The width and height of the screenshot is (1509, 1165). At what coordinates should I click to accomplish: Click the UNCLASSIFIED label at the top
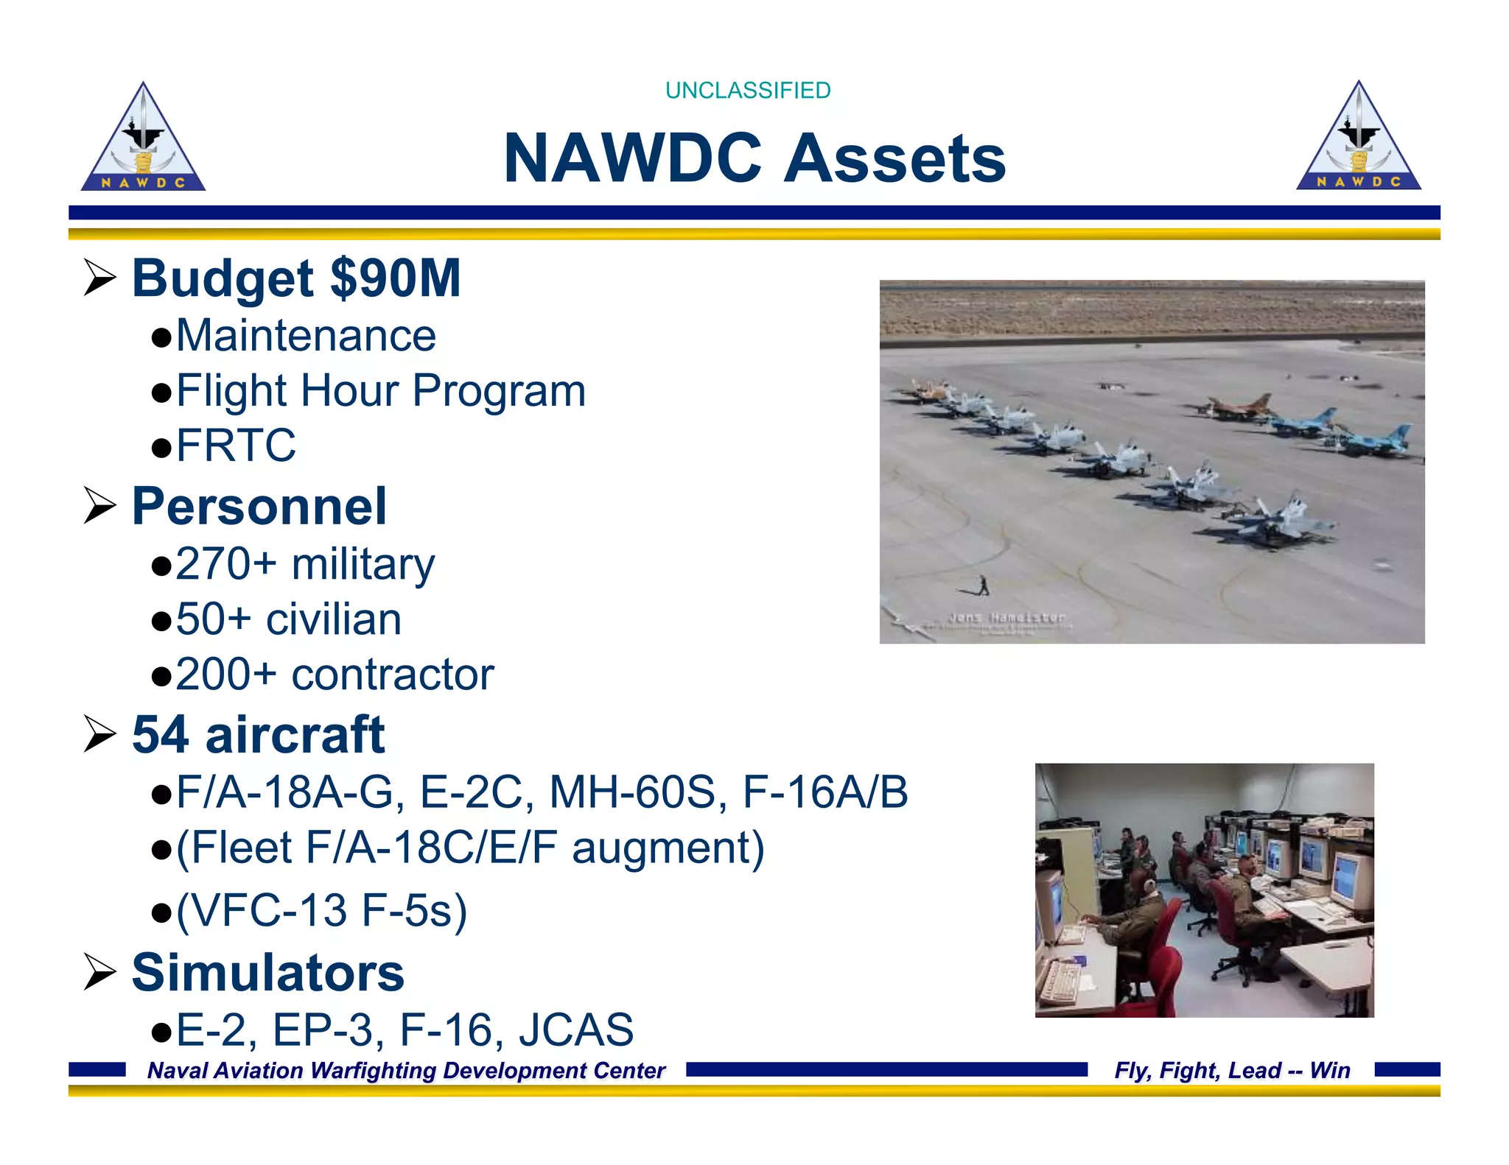(x=747, y=91)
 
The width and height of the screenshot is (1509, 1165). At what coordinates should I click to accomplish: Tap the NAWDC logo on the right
(x=1358, y=138)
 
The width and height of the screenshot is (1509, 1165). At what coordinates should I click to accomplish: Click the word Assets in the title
(x=894, y=158)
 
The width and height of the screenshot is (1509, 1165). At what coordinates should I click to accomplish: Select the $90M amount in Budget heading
(x=395, y=278)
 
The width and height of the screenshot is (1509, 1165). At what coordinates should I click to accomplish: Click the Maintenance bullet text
(x=305, y=336)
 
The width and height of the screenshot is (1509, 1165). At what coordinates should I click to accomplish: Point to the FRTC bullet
(x=235, y=445)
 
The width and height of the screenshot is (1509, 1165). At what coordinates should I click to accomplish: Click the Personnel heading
(x=259, y=507)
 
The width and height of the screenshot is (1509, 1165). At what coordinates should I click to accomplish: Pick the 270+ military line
(x=304, y=564)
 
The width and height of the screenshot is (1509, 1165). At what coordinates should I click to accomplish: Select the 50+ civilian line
(x=288, y=619)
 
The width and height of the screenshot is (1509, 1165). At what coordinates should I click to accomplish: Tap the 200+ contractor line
(x=334, y=675)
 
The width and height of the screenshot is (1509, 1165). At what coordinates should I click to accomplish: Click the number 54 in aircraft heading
(x=160, y=735)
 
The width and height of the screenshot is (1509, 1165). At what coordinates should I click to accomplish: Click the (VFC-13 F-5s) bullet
(x=321, y=910)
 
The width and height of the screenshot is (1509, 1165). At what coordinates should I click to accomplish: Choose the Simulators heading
(x=267, y=973)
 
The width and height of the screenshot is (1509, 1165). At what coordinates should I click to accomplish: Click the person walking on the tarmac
(x=983, y=585)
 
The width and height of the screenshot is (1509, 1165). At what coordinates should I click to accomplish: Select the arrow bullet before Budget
(x=99, y=278)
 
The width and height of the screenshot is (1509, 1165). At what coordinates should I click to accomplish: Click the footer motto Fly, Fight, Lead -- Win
(x=1232, y=1070)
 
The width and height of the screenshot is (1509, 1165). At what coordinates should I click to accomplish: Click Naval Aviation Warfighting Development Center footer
(x=406, y=1070)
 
